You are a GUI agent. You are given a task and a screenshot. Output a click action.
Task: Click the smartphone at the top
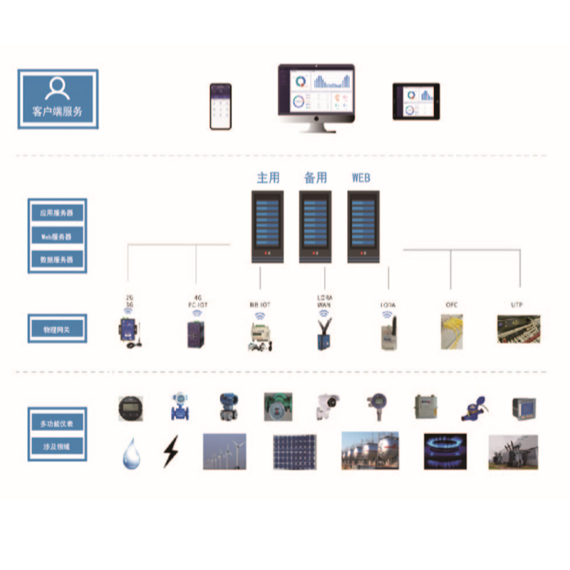point(221,106)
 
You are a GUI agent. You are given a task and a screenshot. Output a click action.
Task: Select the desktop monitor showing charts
point(316,92)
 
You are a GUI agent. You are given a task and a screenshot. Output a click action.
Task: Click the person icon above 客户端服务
point(57,88)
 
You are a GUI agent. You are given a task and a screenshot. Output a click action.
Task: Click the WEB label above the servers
point(361,177)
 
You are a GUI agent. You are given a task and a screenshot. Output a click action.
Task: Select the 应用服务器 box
point(57,212)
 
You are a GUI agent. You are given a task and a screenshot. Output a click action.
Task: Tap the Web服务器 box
point(57,236)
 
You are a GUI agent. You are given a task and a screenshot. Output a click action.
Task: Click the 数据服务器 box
point(57,259)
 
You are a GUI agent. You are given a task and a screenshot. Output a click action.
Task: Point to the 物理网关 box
point(57,328)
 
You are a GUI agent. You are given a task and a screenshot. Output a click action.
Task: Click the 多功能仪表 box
point(57,423)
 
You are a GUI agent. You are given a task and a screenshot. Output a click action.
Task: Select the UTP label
point(517,305)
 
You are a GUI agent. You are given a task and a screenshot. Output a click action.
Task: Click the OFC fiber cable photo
point(452,331)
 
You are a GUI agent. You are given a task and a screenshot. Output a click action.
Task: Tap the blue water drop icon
point(131,453)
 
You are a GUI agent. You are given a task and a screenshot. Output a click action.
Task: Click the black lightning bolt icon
point(170,451)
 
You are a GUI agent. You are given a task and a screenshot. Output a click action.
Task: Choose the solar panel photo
point(296,451)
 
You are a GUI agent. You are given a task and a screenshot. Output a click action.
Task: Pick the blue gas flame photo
point(445,451)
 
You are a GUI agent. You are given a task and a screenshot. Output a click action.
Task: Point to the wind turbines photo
point(224,451)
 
